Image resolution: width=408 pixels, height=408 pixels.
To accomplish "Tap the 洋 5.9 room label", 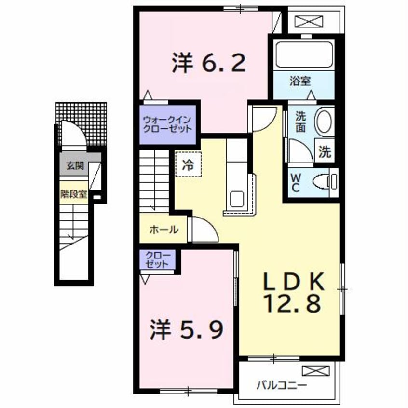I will tap(188, 329).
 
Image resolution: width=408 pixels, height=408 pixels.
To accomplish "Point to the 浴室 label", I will tap(299, 81).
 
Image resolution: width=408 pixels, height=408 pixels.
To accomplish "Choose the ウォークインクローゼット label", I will tap(167, 124).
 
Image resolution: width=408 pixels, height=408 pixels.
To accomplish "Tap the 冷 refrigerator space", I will tap(188, 164).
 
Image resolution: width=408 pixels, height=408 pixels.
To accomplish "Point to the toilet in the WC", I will tap(324, 181).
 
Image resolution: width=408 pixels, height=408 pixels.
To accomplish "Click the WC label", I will tap(295, 182).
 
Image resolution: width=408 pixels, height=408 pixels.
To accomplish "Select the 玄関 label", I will tap(75, 166).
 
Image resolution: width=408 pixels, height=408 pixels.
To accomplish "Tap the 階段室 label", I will tap(74, 194).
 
